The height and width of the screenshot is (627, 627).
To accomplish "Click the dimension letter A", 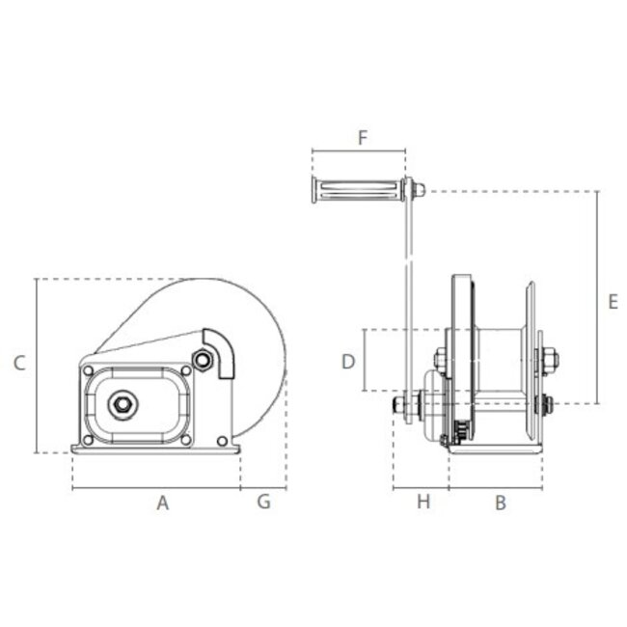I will click(x=163, y=502).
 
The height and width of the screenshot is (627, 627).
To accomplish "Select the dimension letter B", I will click(x=501, y=502).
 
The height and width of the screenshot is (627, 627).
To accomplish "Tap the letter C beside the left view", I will click(x=19, y=364).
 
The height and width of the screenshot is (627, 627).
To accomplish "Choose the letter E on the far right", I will click(x=613, y=301).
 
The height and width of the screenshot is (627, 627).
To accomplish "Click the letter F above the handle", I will click(x=363, y=138).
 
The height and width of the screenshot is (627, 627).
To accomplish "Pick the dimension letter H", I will click(x=422, y=502).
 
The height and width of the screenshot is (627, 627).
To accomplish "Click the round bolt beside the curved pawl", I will click(x=202, y=360).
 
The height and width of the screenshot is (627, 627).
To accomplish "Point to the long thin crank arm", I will click(x=409, y=289).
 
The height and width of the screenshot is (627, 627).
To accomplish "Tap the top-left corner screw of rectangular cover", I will click(x=89, y=371).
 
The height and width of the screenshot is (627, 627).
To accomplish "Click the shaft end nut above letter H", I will click(x=397, y=407).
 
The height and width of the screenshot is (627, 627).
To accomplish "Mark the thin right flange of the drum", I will click(x=529, y=357).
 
